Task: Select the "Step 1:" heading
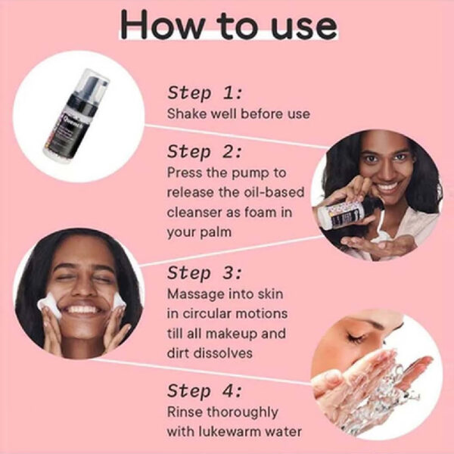coord(204,92)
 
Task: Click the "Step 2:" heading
coord(204,151)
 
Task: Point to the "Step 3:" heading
coord(204,272)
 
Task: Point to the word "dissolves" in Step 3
coord(222,353)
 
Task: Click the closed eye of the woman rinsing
coord(356,338)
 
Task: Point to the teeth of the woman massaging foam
coord(82,309)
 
